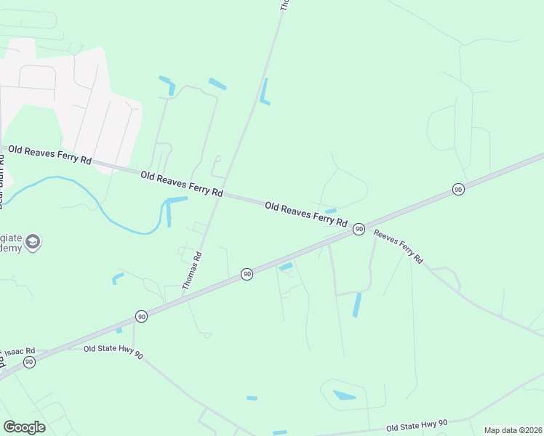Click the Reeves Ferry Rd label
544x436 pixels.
tap(397, 246)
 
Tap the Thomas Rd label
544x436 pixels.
tap(192, 270)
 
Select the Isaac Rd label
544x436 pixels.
tap(17, 352)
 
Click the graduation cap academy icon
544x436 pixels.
tap(33, 242)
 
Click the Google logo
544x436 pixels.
tap(24, 427)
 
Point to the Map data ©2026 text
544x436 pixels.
tap(512, 430)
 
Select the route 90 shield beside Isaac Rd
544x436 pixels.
tap(29, 362)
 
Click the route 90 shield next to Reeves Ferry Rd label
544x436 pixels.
tap(359, 229)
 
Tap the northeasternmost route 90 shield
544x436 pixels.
tap(457, 189)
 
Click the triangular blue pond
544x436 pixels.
tap(344, 396)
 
